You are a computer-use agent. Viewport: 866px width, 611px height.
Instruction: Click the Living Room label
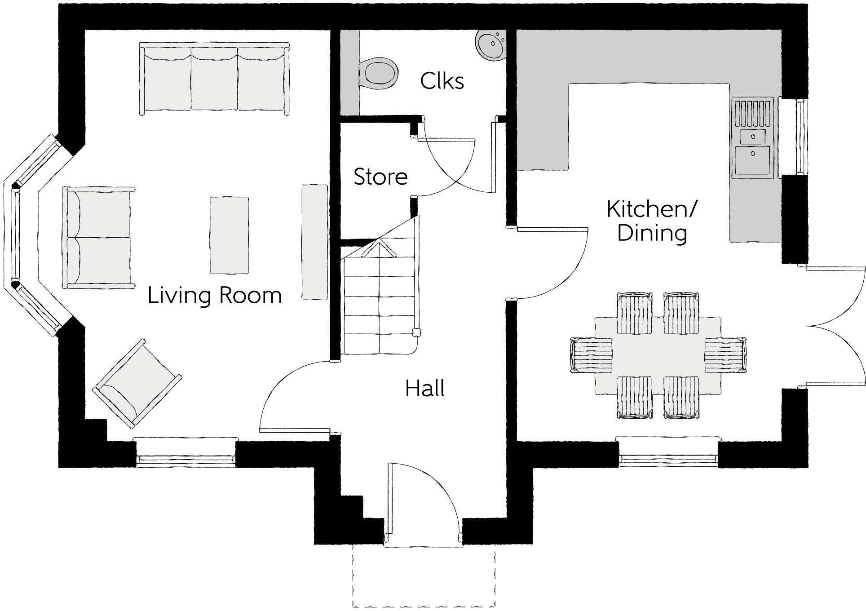click(215, 296)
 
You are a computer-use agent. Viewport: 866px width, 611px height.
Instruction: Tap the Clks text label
click(442, 81)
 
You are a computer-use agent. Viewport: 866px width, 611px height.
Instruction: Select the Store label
click(380, 177)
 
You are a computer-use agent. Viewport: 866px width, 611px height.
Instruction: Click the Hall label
click(424, 389)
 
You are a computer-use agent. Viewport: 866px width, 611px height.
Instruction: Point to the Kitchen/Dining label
click(652, 221)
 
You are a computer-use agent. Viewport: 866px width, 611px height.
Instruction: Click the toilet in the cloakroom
click(380, 73)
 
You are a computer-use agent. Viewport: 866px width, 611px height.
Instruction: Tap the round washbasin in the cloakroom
click(490, 44)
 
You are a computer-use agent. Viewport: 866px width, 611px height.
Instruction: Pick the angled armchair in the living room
click(137, 383)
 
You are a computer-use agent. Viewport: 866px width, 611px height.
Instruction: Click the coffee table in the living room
click(229, 235)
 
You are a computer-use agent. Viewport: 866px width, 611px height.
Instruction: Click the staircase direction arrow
click(380, 248)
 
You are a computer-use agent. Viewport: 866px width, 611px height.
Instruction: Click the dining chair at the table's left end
click(592, 355)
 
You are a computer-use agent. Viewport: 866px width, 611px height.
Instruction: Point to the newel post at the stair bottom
click(416, 332)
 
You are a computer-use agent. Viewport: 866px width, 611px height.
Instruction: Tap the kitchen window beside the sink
click(800, 137)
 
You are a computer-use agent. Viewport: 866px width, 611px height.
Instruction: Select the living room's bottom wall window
click(186, 459)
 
